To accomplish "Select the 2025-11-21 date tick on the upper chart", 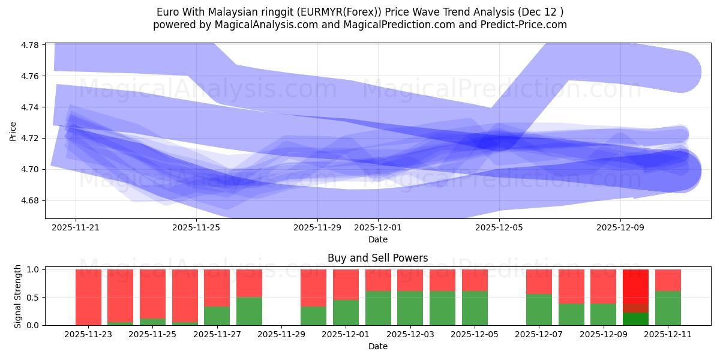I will point(76,228).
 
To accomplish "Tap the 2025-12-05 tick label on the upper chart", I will point(499,228).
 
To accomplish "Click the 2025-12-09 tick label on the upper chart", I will point(620,228).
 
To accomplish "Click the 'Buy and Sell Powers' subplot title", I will point(377,259).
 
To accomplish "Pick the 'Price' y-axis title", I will point(13,131).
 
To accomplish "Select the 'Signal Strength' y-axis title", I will point(18,296).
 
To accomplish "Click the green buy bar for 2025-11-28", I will point(249,311).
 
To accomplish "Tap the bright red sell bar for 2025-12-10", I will point(635,286).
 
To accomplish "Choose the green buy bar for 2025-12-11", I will point(668,308).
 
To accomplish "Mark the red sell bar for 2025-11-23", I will point(88,296).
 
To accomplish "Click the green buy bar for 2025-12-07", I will point(539,310).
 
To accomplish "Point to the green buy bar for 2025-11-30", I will point(313,316).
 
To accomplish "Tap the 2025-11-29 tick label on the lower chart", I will point(281,335).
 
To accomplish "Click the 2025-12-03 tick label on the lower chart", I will point(410,335).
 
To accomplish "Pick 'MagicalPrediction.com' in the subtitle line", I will point(415,25).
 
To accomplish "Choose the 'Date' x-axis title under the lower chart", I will point(377,346).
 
